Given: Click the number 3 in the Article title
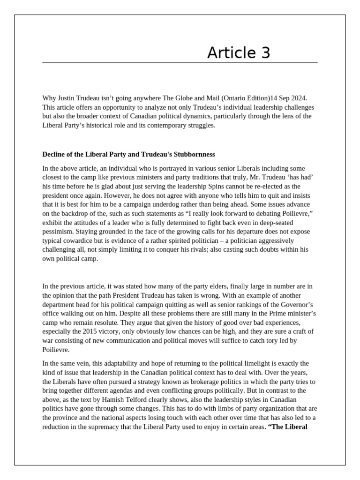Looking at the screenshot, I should point(265,53).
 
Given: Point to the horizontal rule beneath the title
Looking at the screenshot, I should point(180,62).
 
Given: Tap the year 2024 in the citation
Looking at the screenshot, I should point(297,98).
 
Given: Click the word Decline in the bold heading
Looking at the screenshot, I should point(54,154).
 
